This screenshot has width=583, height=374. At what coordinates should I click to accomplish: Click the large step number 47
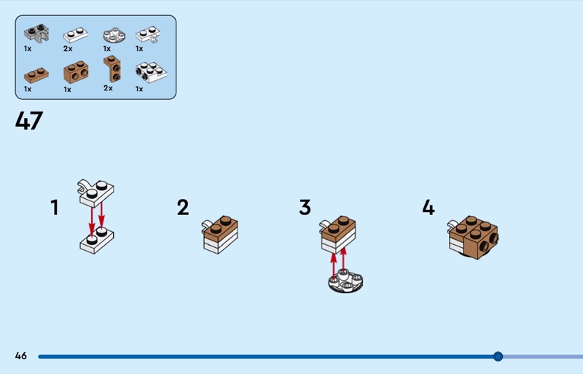click(29, 120)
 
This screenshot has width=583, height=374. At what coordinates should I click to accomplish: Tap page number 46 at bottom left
click(21, 356)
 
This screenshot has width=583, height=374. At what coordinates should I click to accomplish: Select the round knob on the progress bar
click(498, 357)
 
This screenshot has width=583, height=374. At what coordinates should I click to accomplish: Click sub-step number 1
click(55, 207)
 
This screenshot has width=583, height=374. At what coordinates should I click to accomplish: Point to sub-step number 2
click(183, 207)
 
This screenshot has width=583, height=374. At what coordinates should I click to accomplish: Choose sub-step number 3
click(305, 207)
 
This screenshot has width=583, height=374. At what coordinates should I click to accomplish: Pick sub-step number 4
click(429, 207)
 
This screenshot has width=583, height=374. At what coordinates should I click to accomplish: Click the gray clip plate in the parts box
click(36, 33)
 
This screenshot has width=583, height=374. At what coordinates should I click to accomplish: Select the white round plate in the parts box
click(114, 35)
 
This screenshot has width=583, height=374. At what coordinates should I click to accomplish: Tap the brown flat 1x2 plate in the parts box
click(36, 75)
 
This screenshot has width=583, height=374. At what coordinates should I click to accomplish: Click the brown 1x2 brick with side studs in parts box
click(76, 72)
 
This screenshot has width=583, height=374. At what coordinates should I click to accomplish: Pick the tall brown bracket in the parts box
click(112, 69)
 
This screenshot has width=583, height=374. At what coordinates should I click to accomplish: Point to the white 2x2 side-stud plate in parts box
click(151, 72)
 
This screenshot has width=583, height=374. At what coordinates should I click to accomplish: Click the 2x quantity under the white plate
click(68, 49)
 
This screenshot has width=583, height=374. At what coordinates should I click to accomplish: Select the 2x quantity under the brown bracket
click(108, 88)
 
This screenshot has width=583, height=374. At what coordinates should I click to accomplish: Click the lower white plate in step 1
click(97, 240)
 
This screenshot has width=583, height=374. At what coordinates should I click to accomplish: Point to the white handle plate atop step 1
click(96, 192)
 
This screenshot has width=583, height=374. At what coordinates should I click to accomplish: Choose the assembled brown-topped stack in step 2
click(220, 235)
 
